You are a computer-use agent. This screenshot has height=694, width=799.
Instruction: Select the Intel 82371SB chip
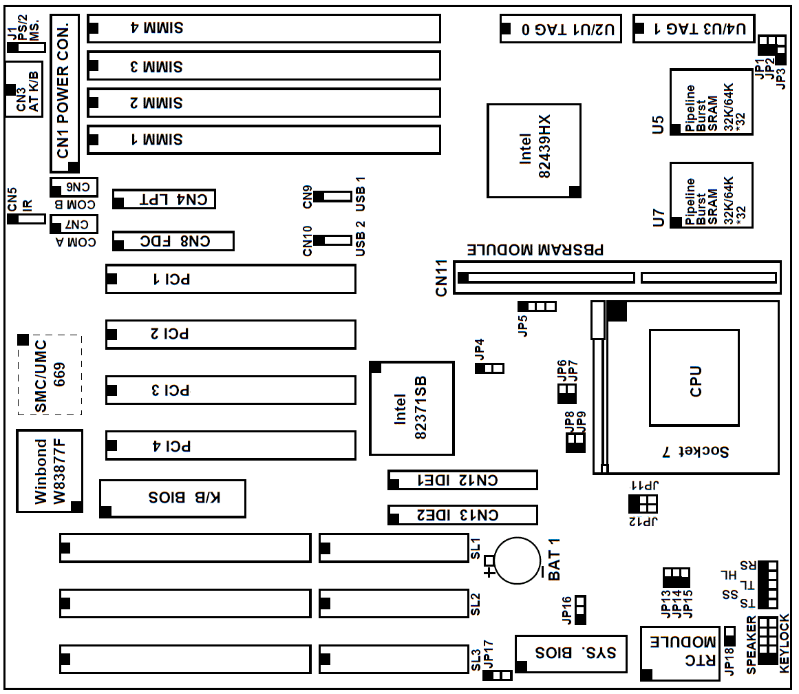[x=412, y=408]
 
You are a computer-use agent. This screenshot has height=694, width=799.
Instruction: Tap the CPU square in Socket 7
[x=694, y=377]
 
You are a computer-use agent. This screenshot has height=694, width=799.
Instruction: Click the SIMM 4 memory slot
[x=264, y=28]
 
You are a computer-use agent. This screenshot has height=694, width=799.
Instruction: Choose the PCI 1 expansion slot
[x=230, y=279]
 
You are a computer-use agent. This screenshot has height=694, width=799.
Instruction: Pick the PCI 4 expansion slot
[x=230, y=445]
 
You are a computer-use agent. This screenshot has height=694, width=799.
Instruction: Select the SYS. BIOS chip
[x=571, y=653]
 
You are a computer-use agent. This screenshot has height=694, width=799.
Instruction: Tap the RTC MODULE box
[x=681, y=651]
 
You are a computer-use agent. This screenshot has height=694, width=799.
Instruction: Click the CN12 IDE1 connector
[x=462, y=480]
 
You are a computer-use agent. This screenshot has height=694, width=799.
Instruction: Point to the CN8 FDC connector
[x=173, y=241]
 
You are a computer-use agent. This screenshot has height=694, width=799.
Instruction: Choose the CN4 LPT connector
[x=164, y=200]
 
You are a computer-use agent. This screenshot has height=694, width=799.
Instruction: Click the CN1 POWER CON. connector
[x=65, y=94]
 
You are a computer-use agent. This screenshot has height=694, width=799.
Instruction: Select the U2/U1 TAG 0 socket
[x=559, y=28]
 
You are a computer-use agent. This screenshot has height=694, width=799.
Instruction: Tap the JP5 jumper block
[x=537, y=306]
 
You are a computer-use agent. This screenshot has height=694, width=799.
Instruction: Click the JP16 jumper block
[x=580, y=609]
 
